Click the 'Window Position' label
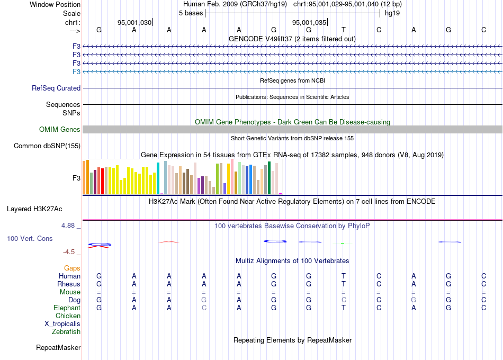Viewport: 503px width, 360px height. click(x=55, y=4)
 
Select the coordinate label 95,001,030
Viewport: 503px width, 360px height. click(x=134, y=22)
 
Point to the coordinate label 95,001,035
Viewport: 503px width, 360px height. click(x=309, y=22)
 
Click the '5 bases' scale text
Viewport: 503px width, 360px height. click(x=191, y=13)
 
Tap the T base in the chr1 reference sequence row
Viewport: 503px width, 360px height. click(x=344, y=30)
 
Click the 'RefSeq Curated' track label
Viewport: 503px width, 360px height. click(x=56, y=88)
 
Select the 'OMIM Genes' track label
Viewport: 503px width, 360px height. click(x=60, y=129)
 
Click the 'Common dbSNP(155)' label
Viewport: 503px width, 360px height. click(x=47, y=146)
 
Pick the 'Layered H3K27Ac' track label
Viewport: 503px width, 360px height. click(x=34, y=209)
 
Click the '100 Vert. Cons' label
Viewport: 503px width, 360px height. click(x=30, y=238)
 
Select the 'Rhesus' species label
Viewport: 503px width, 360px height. click(x=69, y=284)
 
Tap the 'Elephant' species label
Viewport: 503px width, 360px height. click(x=67, y=308)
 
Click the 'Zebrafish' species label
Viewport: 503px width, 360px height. click(x=66, y=331)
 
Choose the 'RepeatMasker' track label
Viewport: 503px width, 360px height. click(x=58, y=347)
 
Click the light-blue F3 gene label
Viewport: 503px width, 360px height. click(x=76, y=71)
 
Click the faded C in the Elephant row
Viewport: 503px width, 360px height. click(x=204, y=308)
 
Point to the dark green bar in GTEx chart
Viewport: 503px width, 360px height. click(x=270, y=178)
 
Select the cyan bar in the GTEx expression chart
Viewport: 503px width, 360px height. click(x=158, y=178)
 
